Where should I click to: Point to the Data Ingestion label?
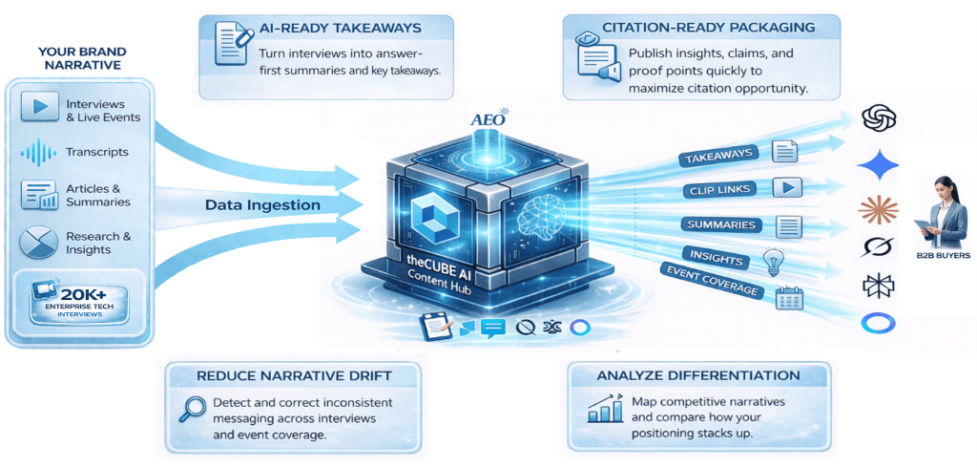click(x=262, y=204)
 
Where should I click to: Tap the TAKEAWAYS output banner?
click(x=717, y=155)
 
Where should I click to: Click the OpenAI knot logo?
click(x=878, y=118)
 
